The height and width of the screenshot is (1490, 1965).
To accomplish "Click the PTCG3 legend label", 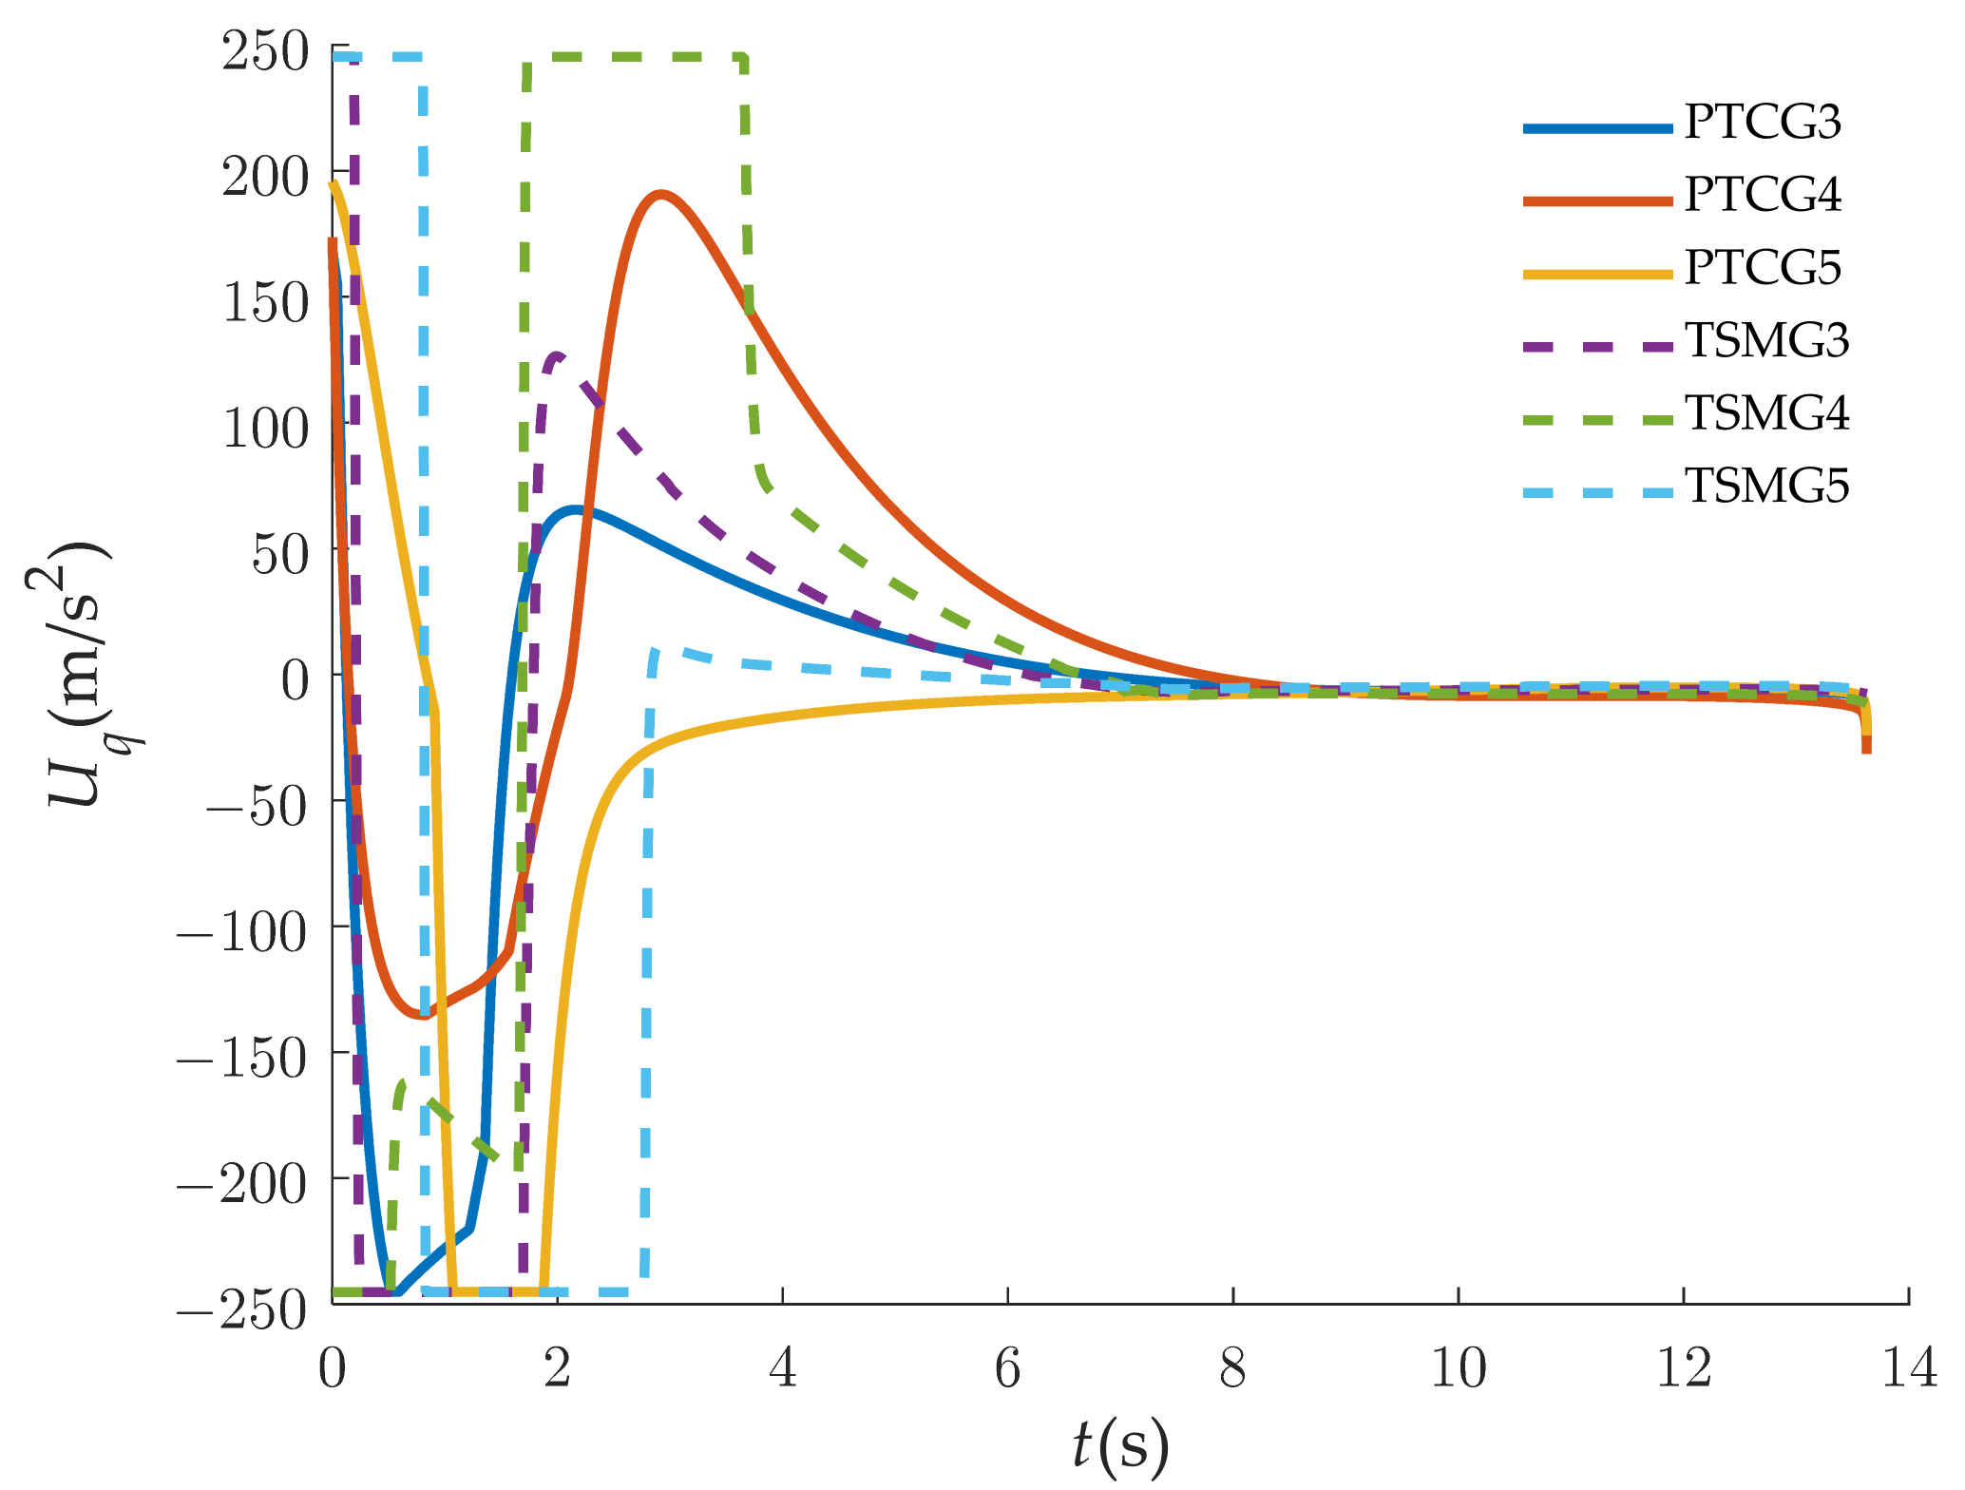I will pos(1763,123).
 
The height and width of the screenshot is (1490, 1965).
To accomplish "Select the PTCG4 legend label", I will pos(1763,195).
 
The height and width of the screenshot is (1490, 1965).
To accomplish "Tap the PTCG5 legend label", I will pos(1763,268).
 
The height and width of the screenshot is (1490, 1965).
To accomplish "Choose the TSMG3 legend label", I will pos(1766,341).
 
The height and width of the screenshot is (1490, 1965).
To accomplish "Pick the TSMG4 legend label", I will pos(1766,413).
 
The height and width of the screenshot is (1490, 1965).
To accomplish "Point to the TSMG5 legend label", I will pos(1766,487).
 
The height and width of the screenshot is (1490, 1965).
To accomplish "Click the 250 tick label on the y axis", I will pos(265,51).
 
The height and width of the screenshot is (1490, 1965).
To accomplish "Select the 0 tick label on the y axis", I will pos(295,680).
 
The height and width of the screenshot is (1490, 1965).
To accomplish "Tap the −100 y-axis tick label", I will pos(242,933).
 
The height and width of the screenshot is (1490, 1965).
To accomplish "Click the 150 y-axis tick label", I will pos(265,303).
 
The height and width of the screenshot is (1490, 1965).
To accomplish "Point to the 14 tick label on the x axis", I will pos(1908,1369).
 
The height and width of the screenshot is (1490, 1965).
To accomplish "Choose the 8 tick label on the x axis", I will pos(1232,1369).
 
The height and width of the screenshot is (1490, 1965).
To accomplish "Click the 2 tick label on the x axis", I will pos(557,1369).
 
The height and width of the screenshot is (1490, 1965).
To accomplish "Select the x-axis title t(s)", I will pos(1120,1447).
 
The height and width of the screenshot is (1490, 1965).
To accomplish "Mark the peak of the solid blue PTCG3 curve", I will pos(574,510).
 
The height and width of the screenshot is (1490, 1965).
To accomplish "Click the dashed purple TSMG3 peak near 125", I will pos(557,355).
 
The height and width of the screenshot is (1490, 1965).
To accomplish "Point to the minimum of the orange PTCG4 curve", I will pos(423,1016).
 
